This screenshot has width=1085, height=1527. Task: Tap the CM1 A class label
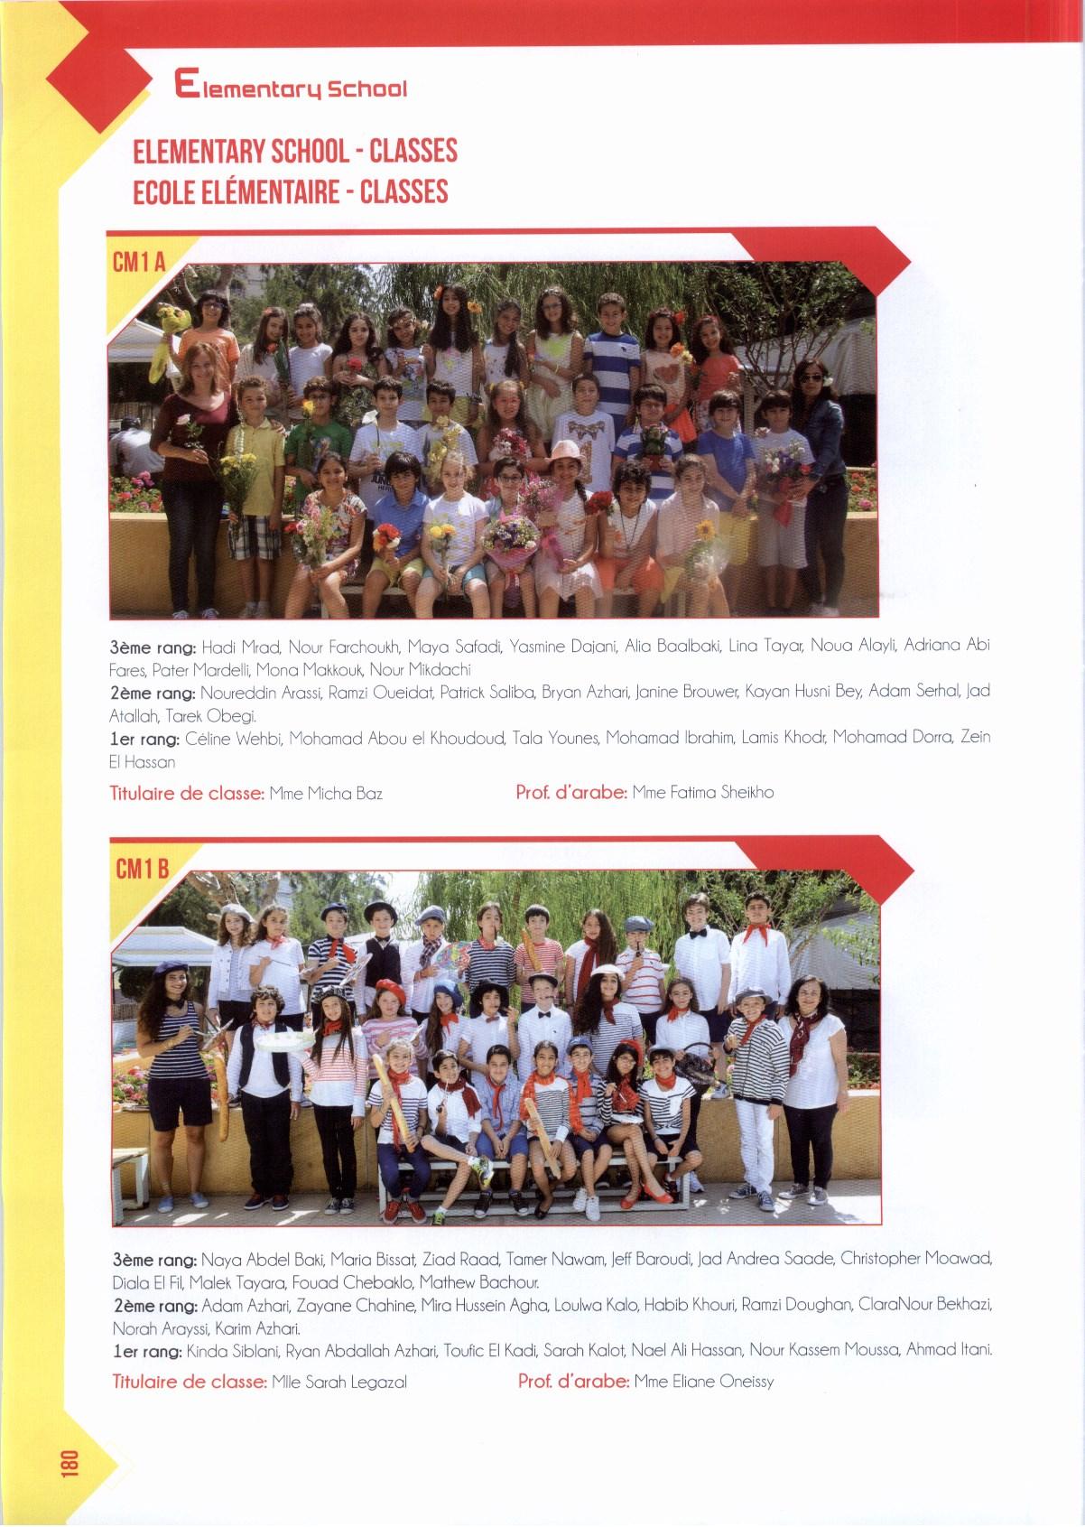137,263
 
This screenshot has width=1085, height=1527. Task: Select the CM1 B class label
143,870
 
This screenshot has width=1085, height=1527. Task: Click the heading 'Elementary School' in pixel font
291,88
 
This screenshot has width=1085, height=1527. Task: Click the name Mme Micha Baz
326,794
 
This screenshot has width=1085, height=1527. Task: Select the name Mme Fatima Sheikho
703,793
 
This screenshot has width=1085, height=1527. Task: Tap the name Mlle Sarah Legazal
339,1382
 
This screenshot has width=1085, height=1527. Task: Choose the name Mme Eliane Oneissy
704,1381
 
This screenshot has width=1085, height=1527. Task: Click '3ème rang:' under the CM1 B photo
153,1259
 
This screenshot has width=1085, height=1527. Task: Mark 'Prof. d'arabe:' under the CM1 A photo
570,793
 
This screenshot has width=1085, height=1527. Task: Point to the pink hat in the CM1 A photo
566,448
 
